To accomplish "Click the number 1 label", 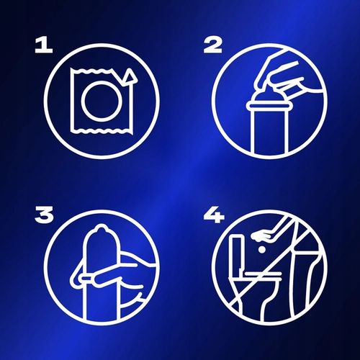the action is point(44,45).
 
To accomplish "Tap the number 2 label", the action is point(212,45).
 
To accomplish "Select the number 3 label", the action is point(44,215).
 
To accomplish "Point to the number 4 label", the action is point(214,215).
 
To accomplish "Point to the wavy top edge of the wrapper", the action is point(91,70).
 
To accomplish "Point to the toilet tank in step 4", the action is point(235,254).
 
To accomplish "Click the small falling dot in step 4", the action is point(262,250).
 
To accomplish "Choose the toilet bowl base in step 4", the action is point(252,300).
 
